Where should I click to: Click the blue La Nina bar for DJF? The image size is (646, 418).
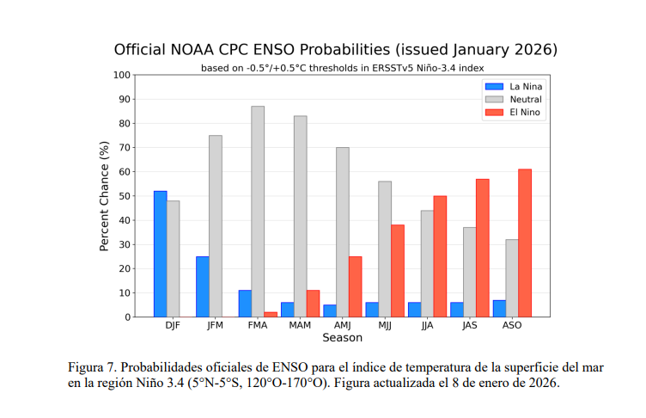click(x=160, y=254)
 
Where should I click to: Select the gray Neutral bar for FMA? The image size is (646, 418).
click(x=258, y=212)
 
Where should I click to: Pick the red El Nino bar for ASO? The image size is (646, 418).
click(x=525, y=243)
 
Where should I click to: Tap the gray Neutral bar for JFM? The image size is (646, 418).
click(x=216, y=226)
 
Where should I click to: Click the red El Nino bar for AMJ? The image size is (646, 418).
click(x=355, y=286)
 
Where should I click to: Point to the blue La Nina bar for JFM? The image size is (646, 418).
click(x=202, y=286)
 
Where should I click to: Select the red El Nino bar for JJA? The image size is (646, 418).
click(x=440, y=256)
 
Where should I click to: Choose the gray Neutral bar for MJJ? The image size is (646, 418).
click(x=385, y=249)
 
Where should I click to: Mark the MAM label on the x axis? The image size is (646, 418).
click(x=300, y=326)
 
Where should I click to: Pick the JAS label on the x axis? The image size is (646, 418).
click(x=469, y=326)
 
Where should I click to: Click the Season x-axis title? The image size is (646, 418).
click(x=342, y=338)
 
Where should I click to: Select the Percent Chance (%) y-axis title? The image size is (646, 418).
click(x=105, y=196)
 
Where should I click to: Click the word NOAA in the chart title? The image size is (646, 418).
click(x=196, y=48)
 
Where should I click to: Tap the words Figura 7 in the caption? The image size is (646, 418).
click(x=94, y=367)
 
